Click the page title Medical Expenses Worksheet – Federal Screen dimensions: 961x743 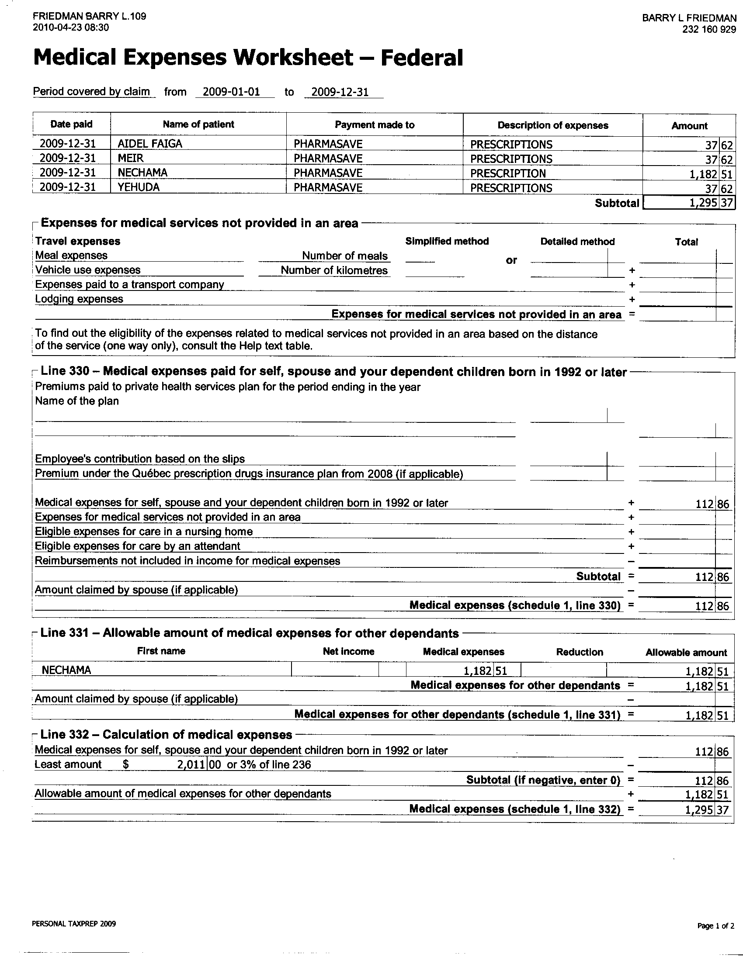coord(248,58)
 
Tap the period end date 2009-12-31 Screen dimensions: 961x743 coord(340,93)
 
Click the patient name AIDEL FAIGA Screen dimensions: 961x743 coord(149,144)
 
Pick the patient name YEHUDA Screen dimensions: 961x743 coord(139,187)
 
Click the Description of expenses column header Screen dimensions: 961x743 coord(552,125)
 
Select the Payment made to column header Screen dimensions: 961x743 coord(375,125)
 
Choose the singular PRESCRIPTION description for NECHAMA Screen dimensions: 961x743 coord(507,173)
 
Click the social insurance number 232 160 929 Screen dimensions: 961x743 coord(709,29)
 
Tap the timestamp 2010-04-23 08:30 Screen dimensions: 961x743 coord(71,27)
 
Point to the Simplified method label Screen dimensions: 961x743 coord(447,241)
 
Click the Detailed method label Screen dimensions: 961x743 coord(577,242)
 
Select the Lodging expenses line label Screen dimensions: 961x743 coord(79,299)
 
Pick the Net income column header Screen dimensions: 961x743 coord(348,652)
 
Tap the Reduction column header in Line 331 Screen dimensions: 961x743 coord(579,652)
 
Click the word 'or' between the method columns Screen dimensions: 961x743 coord(511,260)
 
